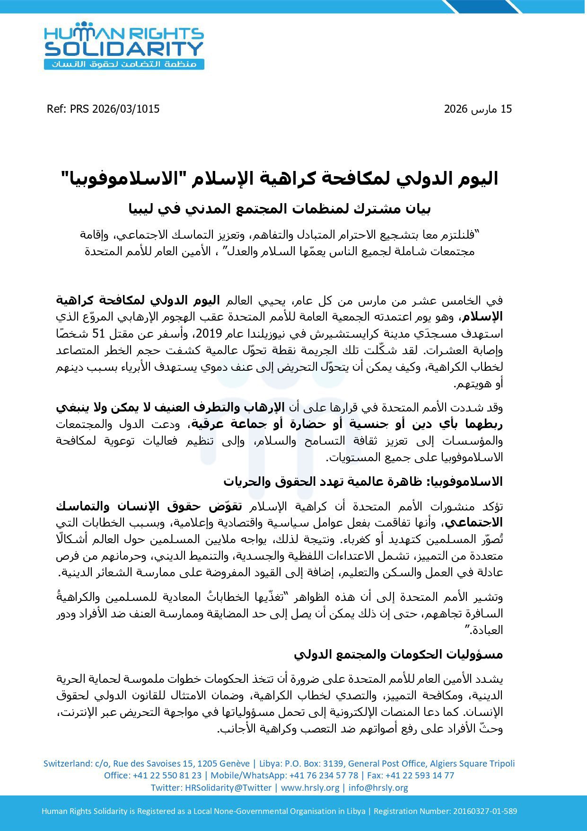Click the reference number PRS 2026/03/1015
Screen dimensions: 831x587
(115, 109)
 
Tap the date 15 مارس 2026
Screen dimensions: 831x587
(478, 109)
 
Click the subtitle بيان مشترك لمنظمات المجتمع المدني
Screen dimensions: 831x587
(280, 209)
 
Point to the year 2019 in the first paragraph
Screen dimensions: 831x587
(205, 334)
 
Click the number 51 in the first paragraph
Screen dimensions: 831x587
(429, 334)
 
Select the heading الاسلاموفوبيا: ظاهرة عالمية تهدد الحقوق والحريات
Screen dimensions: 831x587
(363, 482)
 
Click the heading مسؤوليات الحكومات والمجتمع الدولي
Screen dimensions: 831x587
(398, 654)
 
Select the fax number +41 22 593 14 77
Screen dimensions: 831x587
(420, 775)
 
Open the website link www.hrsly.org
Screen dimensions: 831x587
(310, 787)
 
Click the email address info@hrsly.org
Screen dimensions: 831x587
(378, 787)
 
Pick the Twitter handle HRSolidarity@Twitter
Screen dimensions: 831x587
(228, 787)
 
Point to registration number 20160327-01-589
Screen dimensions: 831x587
(485, 811)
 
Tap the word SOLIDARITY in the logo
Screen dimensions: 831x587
(124, 49)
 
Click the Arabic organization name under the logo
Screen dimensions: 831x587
(124, 64)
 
